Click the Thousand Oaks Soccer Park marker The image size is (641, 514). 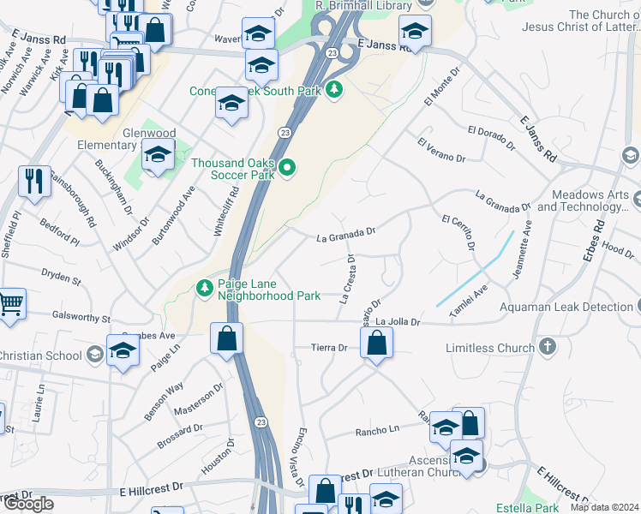(287, 169)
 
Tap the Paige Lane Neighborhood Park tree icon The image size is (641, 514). (205, 288)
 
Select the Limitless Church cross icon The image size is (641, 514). (548, 348)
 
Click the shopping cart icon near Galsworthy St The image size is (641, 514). (9, 302)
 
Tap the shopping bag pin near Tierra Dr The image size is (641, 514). (376, 344)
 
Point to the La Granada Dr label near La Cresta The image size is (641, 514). (346, 233)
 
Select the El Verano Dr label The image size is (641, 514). (440, 150)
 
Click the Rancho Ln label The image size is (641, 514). (377, 430)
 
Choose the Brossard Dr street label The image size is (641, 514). (180, 436)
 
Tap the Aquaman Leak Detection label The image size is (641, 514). (563, 307)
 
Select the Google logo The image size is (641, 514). (27, 504)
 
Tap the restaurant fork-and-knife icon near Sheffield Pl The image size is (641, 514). (34, 180)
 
